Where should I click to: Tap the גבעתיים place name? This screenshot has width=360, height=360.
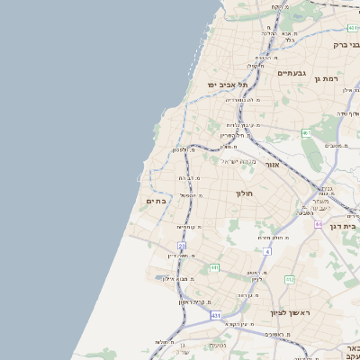[x=292, y=72]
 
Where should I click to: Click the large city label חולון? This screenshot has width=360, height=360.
[x=245, y=193]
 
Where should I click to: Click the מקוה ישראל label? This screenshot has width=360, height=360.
[x=239, y=161]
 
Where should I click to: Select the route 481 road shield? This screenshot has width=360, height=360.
[x=353, y=28]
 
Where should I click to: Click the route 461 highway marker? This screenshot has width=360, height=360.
[x=306, y=133]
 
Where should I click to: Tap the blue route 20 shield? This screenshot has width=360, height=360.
[x=182, y=245]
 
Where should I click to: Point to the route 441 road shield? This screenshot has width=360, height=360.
[x=214, y=267]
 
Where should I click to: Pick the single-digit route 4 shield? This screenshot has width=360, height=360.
[x=267, y=251]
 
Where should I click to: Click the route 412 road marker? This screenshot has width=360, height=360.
[x=290, y=280]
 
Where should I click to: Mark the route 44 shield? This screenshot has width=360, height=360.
[x=319, y=223]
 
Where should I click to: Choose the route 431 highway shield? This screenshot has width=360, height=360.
[x=216, y=316]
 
